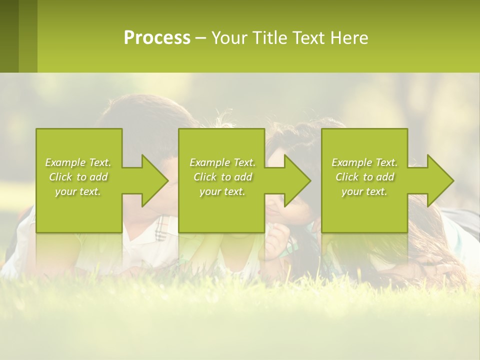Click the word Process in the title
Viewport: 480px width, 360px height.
click(x=157, y=38)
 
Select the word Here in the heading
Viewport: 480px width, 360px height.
click(x=349, y=38)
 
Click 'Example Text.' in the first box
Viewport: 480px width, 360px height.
click(x=78, y=162)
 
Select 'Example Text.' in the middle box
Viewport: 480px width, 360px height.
click(x=222, y=162)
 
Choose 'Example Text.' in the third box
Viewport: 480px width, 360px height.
click(x=364, y=162)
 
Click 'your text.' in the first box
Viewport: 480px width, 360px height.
click(x=78, y=191)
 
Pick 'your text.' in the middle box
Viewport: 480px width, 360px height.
click(x=222, y=191)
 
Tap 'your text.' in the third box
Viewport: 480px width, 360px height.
click(x=364, y=191)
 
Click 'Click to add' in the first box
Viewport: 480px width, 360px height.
click(x=78, y=177)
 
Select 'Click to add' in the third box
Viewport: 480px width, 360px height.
click(x=364, y=177)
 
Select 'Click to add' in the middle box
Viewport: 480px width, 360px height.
click(x=222, y=177)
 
